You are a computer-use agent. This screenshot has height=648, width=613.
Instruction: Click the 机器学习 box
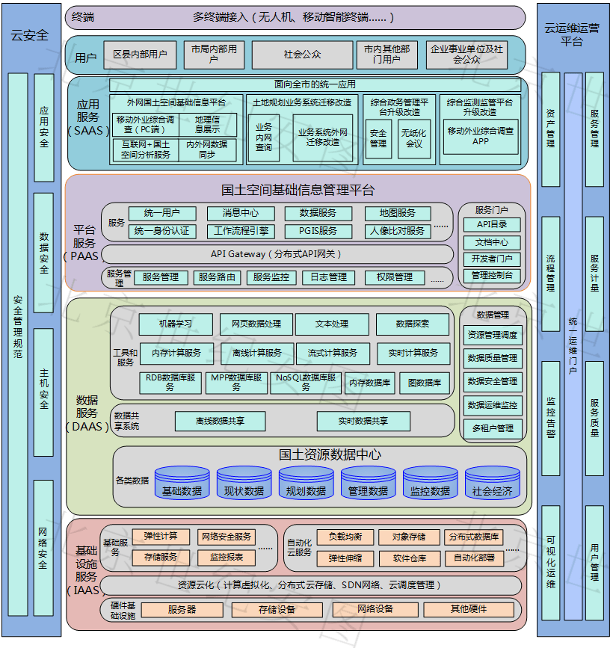176,324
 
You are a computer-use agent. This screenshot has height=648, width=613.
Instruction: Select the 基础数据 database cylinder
182,487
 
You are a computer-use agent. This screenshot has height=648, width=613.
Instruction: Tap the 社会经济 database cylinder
492,487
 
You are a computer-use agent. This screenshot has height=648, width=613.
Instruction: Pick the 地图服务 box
397,214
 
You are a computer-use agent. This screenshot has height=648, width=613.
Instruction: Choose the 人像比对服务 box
397,232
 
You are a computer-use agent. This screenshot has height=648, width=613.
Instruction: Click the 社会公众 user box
302,55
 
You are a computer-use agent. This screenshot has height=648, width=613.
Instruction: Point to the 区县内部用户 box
140,55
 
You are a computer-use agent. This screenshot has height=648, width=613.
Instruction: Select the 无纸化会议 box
414,138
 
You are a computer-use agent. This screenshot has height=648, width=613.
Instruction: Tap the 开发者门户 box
492,259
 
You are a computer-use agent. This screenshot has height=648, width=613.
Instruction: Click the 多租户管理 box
493,428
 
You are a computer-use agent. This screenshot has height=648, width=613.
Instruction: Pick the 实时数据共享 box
363,422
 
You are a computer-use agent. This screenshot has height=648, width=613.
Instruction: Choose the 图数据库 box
424,383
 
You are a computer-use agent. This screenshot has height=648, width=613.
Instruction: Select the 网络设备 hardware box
375,609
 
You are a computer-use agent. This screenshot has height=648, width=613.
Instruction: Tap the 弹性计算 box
161,537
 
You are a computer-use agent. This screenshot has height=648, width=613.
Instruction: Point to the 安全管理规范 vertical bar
18,327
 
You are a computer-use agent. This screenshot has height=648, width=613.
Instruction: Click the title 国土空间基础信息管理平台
298,190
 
